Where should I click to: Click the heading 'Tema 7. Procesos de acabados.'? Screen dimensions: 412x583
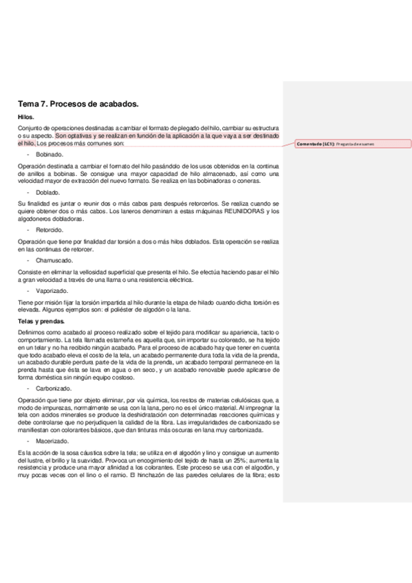78,104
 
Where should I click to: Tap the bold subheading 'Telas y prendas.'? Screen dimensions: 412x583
41,321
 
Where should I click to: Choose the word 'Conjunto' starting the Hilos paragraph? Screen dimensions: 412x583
32,128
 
